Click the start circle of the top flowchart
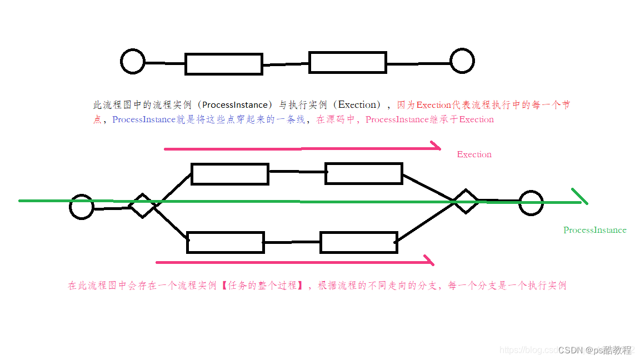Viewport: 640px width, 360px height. coord(133,61)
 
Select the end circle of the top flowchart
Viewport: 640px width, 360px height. coord(462,61)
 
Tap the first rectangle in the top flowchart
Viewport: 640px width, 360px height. coord(224,64)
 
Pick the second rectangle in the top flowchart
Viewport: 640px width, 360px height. coord(348,62)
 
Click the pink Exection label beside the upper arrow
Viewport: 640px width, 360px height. coord(474,154)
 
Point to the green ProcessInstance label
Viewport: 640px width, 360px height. coord(594,230)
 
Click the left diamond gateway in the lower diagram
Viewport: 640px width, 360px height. coord(143,206)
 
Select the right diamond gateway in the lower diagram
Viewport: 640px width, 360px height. coord(465,201)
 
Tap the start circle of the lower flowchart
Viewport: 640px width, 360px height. coord(82,207)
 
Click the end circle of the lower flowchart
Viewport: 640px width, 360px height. coord(531,203)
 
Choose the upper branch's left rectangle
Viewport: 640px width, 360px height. coord(230,174)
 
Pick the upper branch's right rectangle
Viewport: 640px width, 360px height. coord(364,173)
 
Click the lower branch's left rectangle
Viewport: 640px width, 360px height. coord(226,242)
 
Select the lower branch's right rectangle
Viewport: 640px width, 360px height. coord(359,242)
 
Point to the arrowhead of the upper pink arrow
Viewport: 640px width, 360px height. coord(437,148)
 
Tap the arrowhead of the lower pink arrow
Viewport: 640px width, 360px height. coord(429,261)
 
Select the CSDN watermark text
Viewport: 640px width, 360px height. coord(594,350)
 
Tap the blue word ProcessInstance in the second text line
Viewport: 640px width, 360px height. coord(144,119)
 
